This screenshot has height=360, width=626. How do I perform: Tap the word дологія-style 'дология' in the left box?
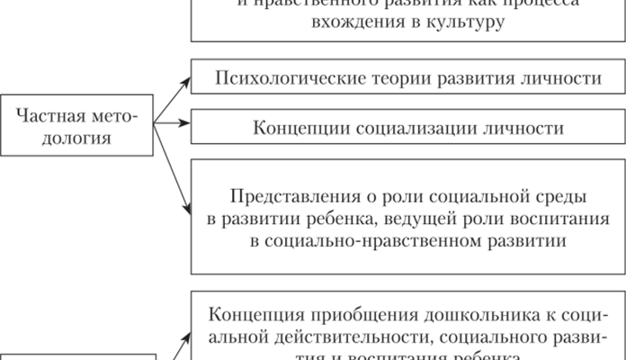80,139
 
